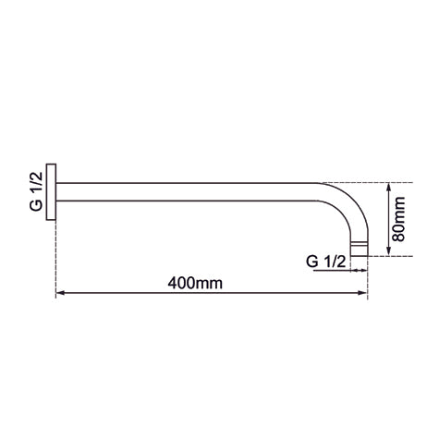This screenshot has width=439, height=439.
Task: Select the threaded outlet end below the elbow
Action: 358,248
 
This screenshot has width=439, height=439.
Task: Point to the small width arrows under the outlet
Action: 357,272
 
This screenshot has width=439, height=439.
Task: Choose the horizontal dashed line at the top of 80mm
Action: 365,180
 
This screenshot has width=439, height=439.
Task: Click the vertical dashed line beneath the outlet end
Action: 368,282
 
